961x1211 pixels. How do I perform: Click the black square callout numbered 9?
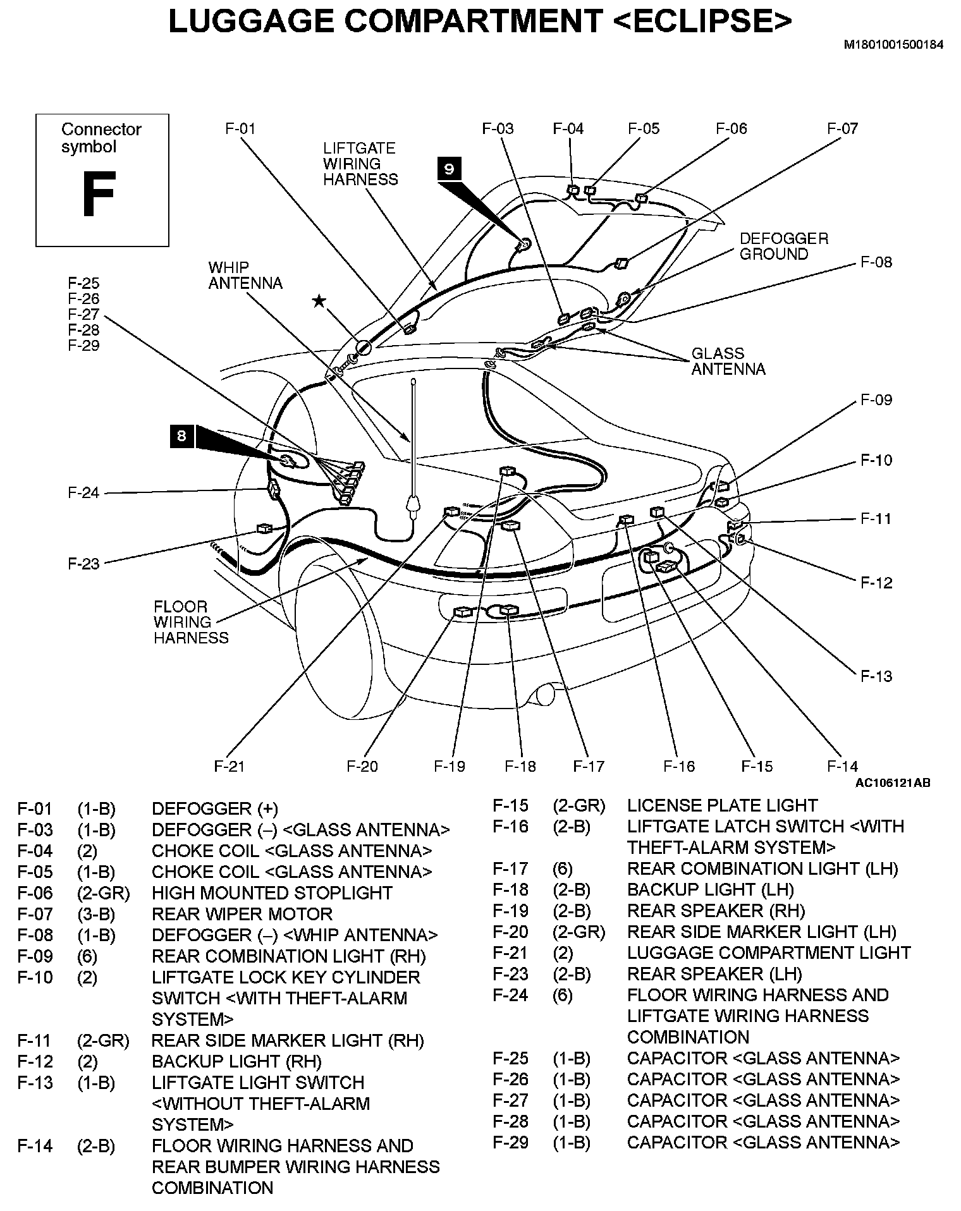449,169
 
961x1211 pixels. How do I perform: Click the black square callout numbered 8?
181,436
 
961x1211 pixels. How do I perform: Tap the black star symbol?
319,301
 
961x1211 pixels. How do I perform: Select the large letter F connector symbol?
99,194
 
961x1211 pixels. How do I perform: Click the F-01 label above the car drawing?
241,129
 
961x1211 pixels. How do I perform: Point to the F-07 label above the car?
842,129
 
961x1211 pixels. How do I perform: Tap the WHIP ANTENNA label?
245,276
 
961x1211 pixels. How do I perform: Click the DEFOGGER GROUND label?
783,246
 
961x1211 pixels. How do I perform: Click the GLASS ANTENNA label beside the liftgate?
728,362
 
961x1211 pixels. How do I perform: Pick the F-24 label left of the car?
84,492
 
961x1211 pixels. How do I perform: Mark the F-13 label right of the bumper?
876,676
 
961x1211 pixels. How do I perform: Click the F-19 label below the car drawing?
450,766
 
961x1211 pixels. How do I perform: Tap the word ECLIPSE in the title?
702,21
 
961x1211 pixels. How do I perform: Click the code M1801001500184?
893,45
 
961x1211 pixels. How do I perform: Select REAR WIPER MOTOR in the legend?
242,914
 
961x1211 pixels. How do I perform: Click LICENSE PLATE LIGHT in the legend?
722,805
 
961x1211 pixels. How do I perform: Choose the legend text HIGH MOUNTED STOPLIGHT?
272,893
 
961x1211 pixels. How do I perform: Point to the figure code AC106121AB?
893,782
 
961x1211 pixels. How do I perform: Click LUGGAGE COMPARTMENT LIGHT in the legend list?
768,952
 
